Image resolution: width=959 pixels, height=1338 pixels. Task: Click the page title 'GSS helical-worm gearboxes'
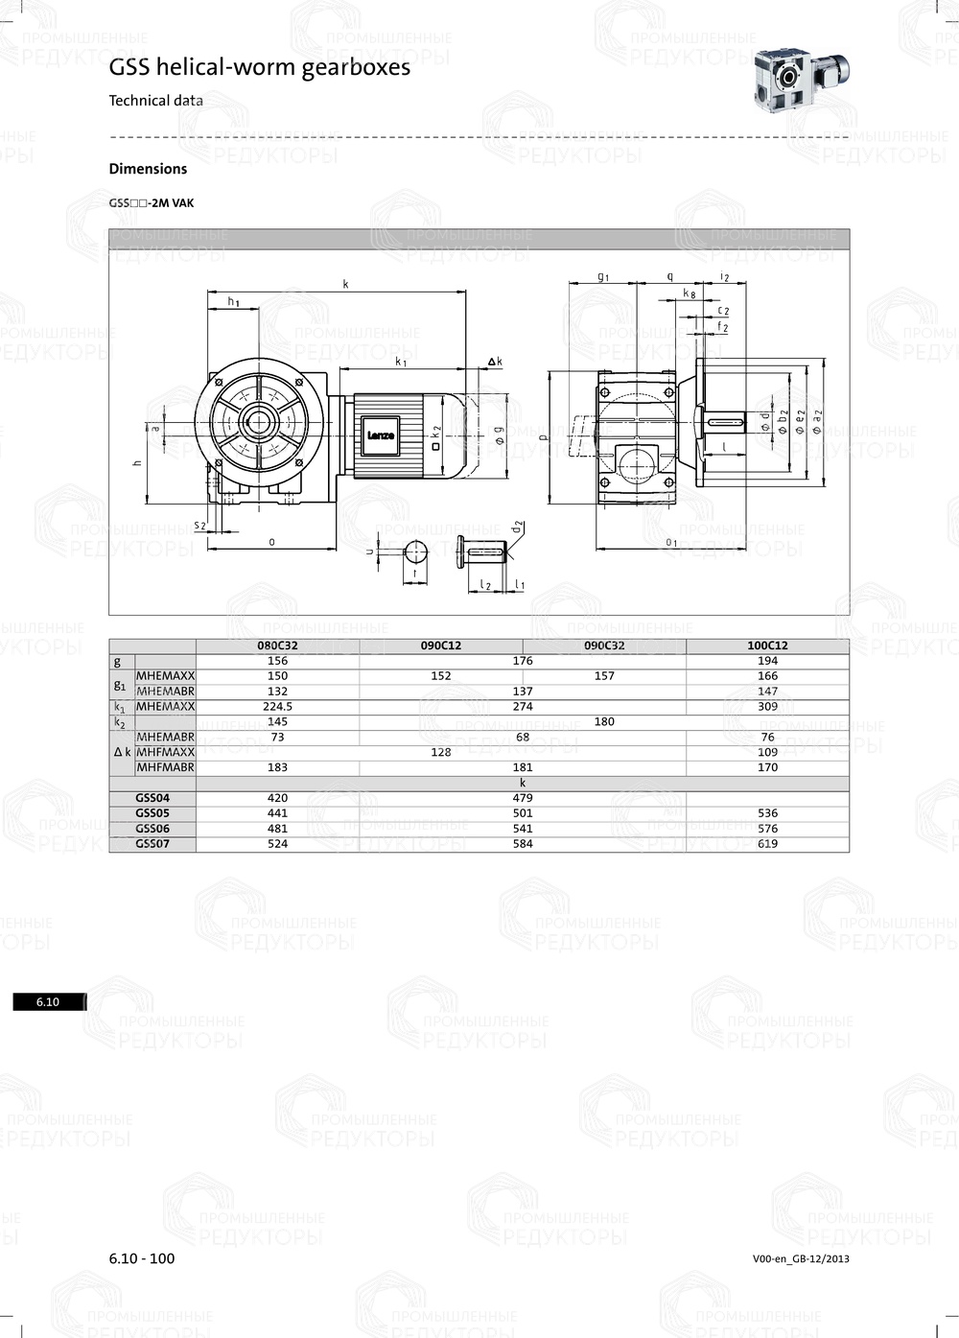click(x=259, y=67)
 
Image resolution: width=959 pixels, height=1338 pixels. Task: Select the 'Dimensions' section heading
click(x=148, y=169)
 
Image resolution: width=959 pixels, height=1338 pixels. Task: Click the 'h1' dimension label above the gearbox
click(x=233, y=302)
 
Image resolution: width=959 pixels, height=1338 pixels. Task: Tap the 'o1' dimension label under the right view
click(x=671, y=543)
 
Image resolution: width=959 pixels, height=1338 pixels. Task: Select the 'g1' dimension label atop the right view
click(x=603, y=276)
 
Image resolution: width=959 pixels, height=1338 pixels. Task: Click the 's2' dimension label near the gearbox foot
click(x=199, y=525)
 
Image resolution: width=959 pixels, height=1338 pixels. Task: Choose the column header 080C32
click(x=278, y=646)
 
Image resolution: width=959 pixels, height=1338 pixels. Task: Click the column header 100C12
click(x=767, y=646)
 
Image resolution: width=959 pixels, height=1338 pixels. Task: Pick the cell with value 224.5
click(x=278, y=706)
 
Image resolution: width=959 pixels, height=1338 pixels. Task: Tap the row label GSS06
click(x=152, y=829)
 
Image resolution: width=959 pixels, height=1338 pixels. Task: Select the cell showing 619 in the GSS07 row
click(x=767, y=844)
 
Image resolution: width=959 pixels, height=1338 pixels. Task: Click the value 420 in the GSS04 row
click(x=278, y=798)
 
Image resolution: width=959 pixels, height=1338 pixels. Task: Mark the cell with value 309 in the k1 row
click(x=767, y=706)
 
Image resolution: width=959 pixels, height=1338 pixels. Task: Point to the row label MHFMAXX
click(x=165, y=752)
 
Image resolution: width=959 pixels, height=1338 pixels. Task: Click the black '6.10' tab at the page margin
click(x=48, y=1002)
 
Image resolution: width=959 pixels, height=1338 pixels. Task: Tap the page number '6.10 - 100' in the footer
click(x=142, y=1258)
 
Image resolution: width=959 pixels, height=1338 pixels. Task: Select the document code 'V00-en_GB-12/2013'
click(x=801, y=1259)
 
